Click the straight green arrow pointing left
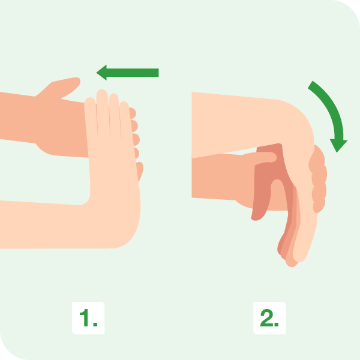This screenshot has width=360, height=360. tap(127, 73)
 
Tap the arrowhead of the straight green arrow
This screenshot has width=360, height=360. tap(101, 73)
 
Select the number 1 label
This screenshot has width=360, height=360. tap(88, 318)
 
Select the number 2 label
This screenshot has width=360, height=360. tap(269, 318)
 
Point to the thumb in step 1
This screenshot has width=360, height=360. tap(62, 88)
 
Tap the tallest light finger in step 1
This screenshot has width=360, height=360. tap(103, 113)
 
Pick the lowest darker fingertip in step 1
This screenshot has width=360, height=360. tap(140, 171)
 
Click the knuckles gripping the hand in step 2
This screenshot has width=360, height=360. tap(318, 179)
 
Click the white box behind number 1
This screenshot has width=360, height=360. tap(88, 318)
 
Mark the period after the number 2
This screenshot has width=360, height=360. tap(277, 325)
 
